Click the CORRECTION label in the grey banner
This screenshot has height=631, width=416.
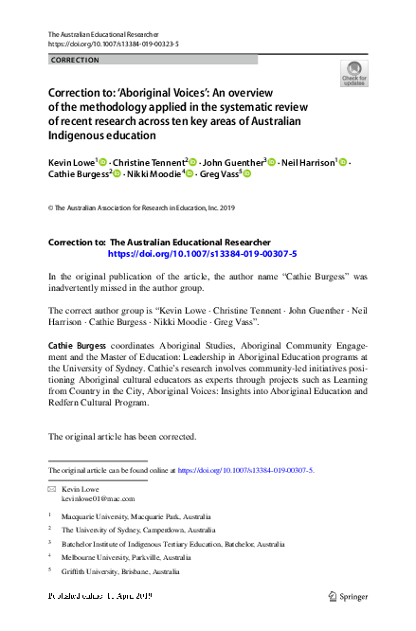point(74,60)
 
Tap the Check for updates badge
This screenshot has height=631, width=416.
point(354,74)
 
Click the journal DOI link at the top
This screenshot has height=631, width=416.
point(113,45)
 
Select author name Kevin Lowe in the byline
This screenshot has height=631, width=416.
point(71,163)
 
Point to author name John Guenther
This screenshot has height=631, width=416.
point(235,163)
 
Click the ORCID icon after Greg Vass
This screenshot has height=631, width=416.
point(247,175)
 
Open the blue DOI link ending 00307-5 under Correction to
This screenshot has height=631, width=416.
point(202,254)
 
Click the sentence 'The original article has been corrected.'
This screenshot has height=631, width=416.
point(122,438)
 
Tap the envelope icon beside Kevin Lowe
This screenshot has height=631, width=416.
point(53,488)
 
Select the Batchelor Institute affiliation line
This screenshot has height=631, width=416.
point(172,545)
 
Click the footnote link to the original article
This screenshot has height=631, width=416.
point(245,470)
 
